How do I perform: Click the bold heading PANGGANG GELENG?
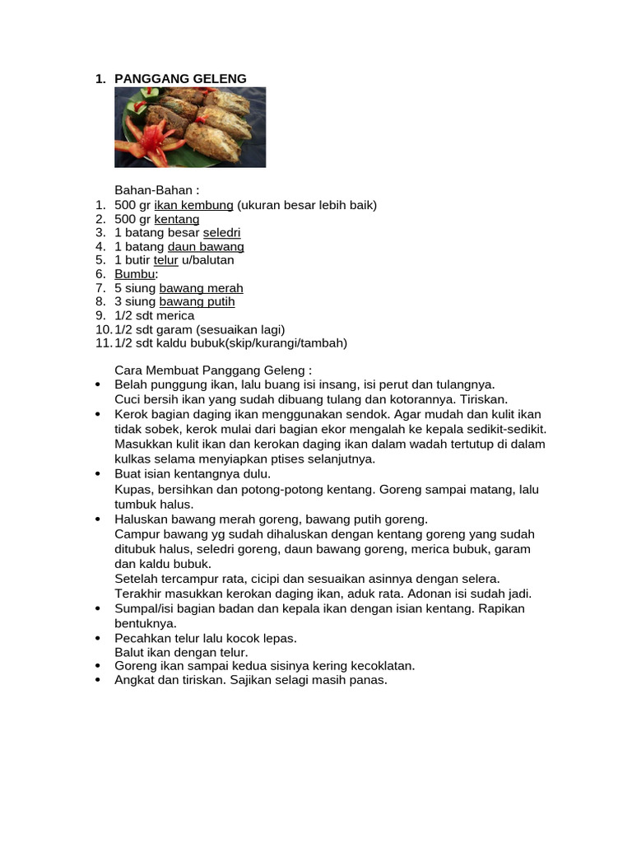(180, 79)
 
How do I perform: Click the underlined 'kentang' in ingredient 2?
(177, 219)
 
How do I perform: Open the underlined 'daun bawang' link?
(206, 246)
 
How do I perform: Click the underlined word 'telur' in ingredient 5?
(166, 260)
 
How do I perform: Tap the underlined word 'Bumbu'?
(134, 274)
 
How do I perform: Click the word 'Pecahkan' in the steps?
(142, 638)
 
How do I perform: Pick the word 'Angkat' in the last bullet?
(134, 680)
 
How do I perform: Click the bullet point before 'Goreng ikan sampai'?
(98, 666)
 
